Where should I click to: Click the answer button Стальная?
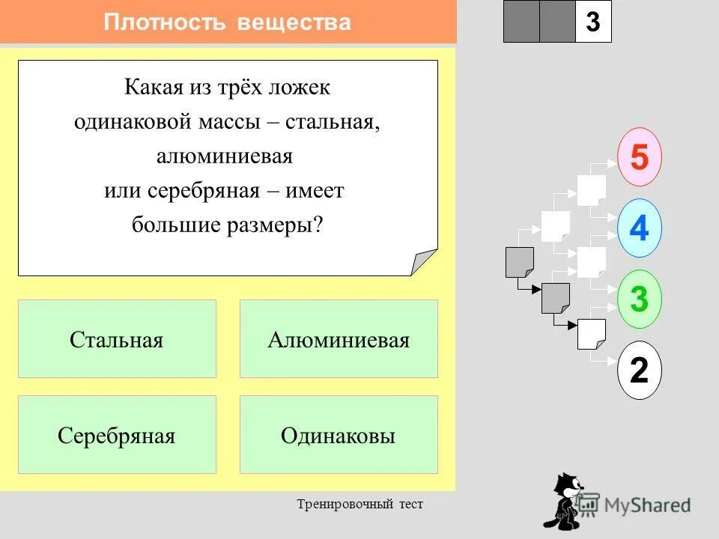tap(117, 339)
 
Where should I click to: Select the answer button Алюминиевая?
tap(339, 339)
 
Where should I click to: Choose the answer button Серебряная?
tap(117, 435)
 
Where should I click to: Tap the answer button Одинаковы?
tap(339, 435)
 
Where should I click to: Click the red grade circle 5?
tap(639, 157)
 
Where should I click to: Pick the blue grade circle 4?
tap(639, 228)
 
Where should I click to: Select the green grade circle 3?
tap(639, 299)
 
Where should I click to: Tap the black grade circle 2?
tap(639, 370)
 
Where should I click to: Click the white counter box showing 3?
tap(593, 22)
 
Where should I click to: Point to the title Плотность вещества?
tap(228, 22)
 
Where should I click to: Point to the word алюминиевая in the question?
tap(225, 156)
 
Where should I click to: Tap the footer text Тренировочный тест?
tap(359, 505)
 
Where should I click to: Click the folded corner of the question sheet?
tap(424, 262)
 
